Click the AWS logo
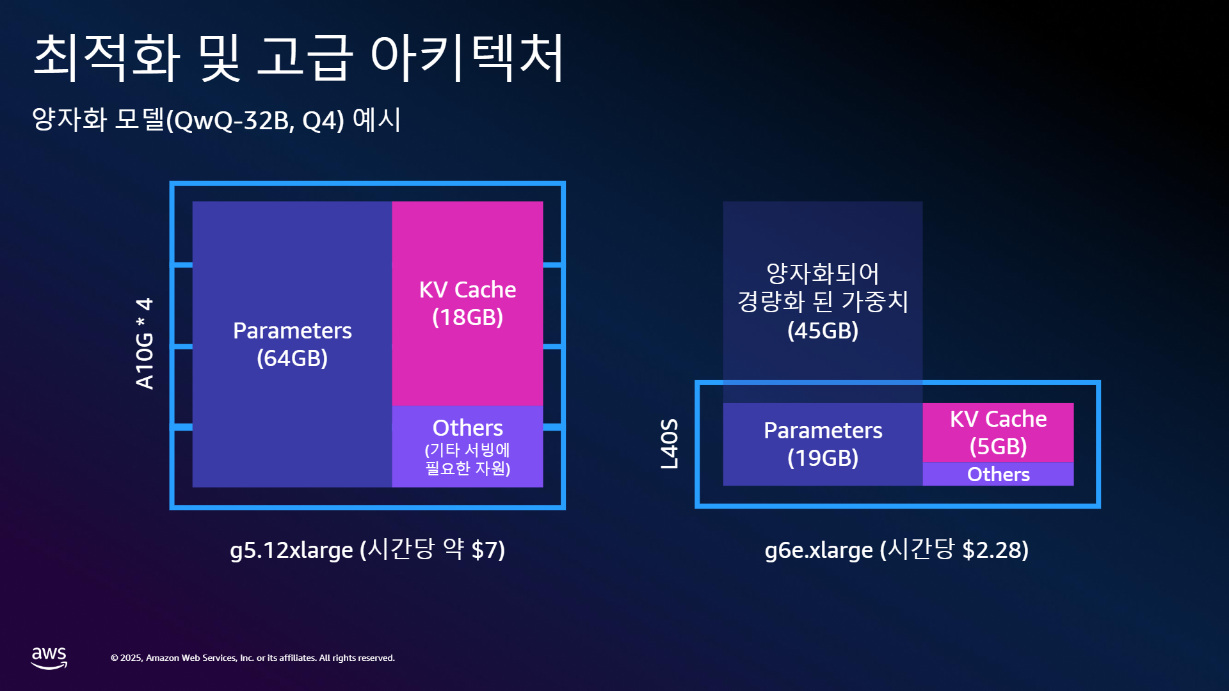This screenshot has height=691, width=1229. pyautogui.click(x=49, y=657)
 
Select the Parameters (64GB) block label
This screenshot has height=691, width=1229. pyautogui.click(x=293, y=344)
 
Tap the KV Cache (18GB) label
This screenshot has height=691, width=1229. pyautogui.click(x=467, y=303)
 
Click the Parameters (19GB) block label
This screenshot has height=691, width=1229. pyautogui.click(x=823, y=444)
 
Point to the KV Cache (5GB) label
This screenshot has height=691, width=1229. pyautogui.click(x=998, y=433)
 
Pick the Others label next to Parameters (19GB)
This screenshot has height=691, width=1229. pyautogui.click(x=998, y=474)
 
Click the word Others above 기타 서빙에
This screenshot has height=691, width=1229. pyautogui.click(x=467, y=427)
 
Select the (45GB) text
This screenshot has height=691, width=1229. pyautogui.click(x=823, y=330)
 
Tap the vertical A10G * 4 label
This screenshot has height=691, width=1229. pyautogui.click(x=145, y=344)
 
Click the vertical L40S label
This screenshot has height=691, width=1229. pyautogui.click(x=669, y=444)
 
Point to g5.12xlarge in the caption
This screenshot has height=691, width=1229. pyautogui.click(x=291, y=550)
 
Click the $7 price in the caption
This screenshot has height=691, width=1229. pyautogui.click(x=484, y=550)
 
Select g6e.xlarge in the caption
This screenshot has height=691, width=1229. pyautogui.click(x=819, y=550)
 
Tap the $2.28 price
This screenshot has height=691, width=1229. pyautogui.click(x=992, y=550)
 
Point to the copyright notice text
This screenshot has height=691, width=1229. pyautogui.click(x=253, y=658)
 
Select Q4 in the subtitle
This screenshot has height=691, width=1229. pyautogui.click(x=318, y=120)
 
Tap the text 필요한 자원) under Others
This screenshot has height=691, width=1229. pyautogui.click(x=467, y=468)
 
